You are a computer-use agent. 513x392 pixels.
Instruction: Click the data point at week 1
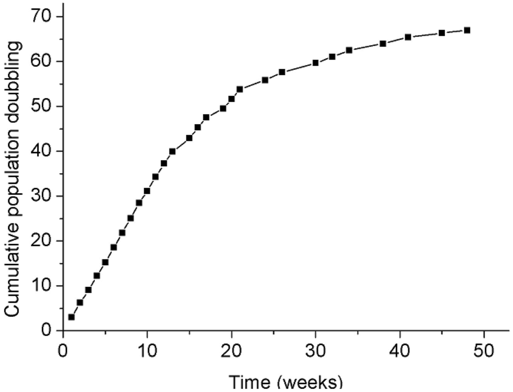72,317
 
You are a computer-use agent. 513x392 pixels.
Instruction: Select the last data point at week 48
467,30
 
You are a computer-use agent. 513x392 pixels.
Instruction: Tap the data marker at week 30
316,63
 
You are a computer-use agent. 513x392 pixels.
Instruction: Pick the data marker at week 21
240,89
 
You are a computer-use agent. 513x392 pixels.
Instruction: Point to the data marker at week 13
172,151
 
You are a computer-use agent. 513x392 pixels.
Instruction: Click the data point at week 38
383,44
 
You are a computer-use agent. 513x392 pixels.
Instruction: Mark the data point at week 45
442,33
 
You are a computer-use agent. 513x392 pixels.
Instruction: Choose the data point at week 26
282,72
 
